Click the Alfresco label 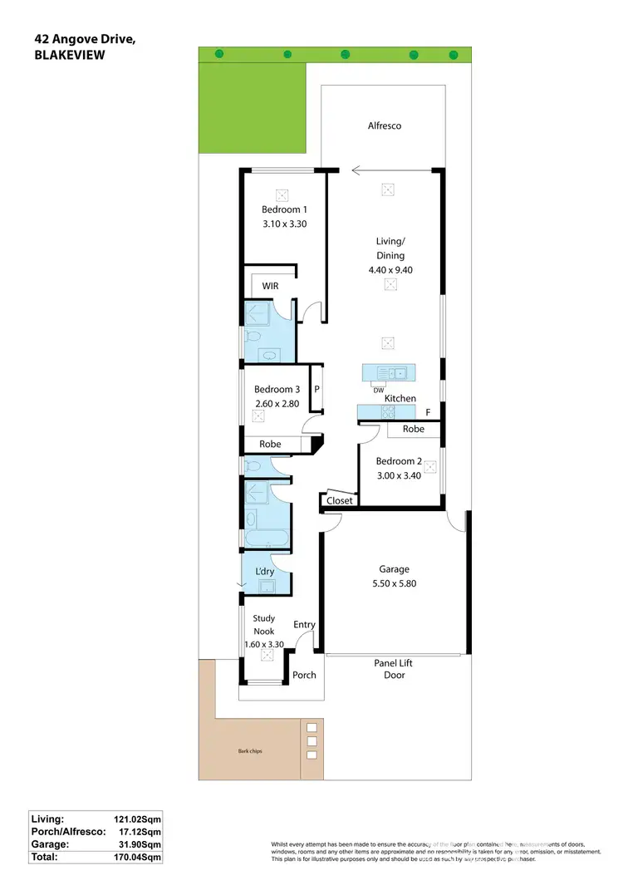click(x=385, y=125)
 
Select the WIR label click(x=270, y=286)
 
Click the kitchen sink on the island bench click(x=389, y=372)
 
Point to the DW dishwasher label click(x=378, y=390)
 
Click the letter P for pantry click(x=316, y=389)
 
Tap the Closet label click(x=339, y=500)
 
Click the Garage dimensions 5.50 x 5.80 click(x=394, y=583)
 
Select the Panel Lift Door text click(x=394, y=669)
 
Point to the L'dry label click(x=264, y=571)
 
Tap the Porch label click(x=304, y=675)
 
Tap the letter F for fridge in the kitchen click(x=428, y=411)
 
